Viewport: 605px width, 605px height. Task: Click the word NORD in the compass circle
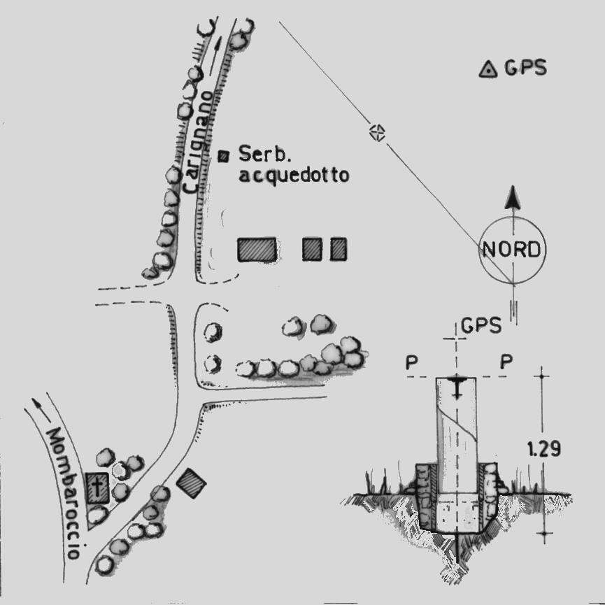coord(513,250)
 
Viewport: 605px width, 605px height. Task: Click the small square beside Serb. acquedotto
coord(224,155)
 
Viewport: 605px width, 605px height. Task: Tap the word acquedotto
coord(293,175)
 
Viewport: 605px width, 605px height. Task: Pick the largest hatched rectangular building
coord(256,250)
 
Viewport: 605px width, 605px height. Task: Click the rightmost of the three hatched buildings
coord(339,248)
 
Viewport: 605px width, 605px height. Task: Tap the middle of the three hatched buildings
coord(312,248)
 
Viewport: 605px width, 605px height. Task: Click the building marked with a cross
coord(98,487)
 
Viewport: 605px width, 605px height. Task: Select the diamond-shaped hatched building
coord(191,483)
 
